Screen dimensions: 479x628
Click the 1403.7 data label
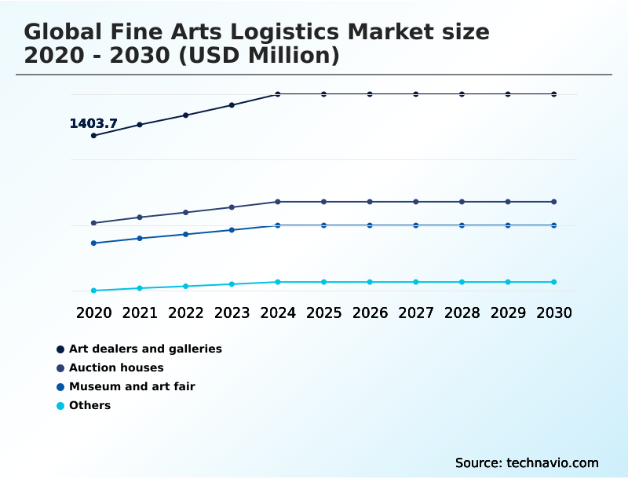[x=93, y=123]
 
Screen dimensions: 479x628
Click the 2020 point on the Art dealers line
[x=93, y=135]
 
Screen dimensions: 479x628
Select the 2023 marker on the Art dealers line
[x=232, y=104]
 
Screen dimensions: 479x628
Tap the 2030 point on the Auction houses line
[x=553, y=202]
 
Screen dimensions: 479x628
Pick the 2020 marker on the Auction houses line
[x=93, y=223]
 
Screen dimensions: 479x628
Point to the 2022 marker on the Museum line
[x=186, y=234]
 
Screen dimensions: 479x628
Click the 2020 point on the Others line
[x=93, y=291]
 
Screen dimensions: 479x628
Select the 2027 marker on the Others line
[x=416, y=282]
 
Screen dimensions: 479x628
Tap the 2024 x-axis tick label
[x=278, y=313]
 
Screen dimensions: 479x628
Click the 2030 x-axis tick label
[x=553, y=313]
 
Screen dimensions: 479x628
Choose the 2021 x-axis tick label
[x=140, y=313]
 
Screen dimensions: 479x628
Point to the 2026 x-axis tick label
[x=370, y=313]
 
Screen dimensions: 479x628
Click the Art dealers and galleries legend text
[x=145, y=349]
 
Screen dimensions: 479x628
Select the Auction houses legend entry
[x=116, y=367]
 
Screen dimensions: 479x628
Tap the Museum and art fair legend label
[x=132, y=386]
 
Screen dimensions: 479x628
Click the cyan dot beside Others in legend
[x=60, y=406]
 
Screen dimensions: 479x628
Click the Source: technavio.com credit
[x=527, y=463]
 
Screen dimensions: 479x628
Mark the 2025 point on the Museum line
[x=323, y=225]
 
